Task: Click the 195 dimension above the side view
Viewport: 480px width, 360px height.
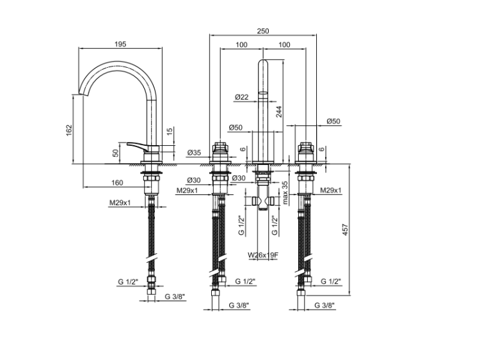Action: (x=120, y=44)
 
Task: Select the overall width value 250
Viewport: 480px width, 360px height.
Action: (x=263, y=31)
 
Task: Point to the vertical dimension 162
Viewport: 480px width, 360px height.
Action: (x=69, y=130)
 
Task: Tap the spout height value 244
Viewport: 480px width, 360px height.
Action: (x=278, y=112)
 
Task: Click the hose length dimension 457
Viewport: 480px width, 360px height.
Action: (x=346, y=230)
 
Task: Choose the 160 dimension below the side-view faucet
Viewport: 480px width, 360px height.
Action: (x=117, y=183)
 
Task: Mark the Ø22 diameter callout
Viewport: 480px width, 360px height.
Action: (x=241, y=97)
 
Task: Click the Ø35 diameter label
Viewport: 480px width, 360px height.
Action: (x=194, y=152)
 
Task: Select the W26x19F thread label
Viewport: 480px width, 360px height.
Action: (x=263, y=254)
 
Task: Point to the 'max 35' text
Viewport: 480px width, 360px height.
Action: (x=285, y=192)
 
